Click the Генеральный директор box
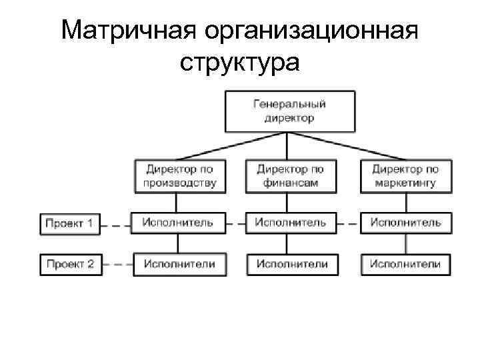coord(289,111)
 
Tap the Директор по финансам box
coord(290,176)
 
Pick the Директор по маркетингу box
coord(405,176)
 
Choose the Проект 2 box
coord(69,264)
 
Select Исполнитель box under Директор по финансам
coord(291,223)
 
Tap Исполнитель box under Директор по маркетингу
coord(405,223)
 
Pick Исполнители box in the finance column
coord(291,264)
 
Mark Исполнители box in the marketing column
coord(405,264)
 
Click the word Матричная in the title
coord(127,30)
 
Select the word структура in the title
coord(240,63)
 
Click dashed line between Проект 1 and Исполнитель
coord(117,225)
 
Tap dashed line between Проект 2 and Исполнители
coord(117,265)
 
